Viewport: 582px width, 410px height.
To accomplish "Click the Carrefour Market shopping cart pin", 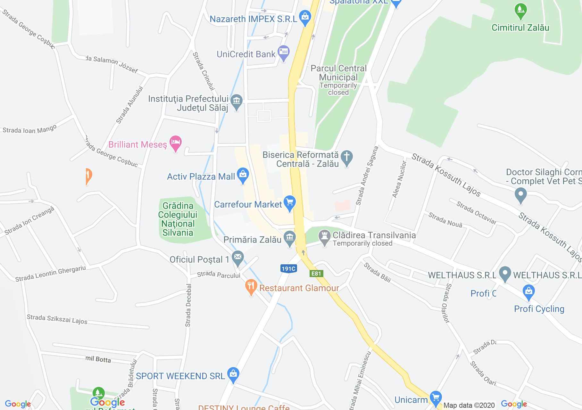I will [290, 203].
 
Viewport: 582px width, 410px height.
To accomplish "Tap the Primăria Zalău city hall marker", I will [290, 238].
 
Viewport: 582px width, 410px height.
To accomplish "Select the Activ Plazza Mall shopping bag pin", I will [243, 175].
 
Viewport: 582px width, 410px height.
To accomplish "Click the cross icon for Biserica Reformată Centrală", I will [346, 158].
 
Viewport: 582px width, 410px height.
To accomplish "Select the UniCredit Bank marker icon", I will [283, 53].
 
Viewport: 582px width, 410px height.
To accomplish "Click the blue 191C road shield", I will [288, 269].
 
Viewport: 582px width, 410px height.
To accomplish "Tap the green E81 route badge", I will [316, 274].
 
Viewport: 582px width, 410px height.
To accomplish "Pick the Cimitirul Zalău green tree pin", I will [520, 11].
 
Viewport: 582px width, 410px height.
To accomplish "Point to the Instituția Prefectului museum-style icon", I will [237, 102].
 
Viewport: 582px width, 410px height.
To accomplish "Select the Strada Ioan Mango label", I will [29, 129].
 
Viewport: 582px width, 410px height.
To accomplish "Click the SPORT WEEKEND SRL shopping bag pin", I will [233, 375].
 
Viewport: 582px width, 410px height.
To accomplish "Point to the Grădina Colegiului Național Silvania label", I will [178, 219].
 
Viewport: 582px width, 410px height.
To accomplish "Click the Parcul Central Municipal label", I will [338, 73].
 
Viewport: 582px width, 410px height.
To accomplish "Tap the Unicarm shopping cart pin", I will [435, 398].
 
